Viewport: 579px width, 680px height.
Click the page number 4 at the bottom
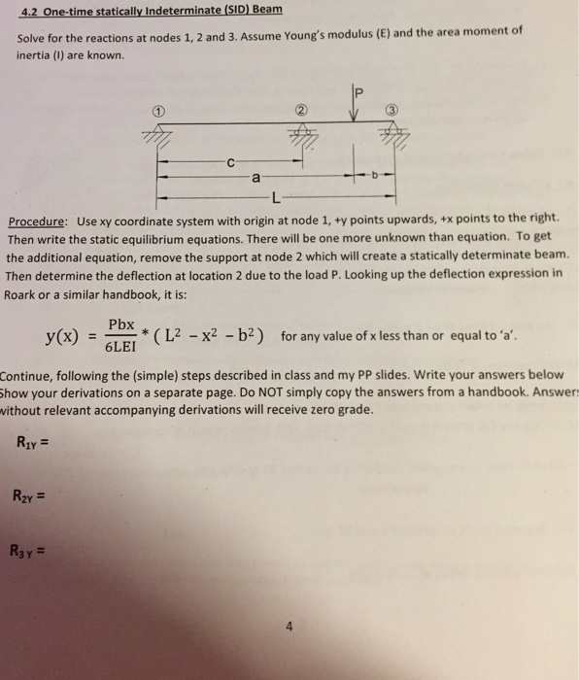point(289,626)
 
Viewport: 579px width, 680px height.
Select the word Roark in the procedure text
point(26,290)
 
